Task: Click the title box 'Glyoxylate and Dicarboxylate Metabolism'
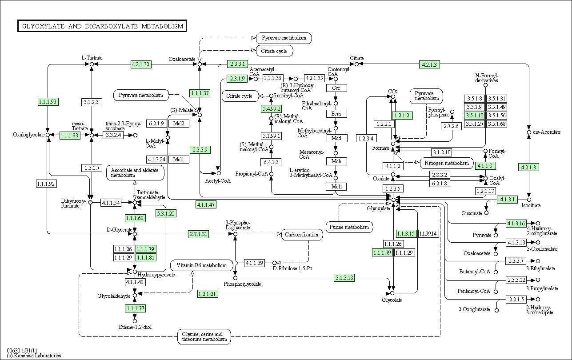point(101,26)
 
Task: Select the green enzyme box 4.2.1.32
point(141,64)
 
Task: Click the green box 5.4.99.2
point(271,109)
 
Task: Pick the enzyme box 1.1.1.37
point(200,93)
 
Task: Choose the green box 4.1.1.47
point(206,204)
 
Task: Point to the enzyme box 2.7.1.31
point(198,234)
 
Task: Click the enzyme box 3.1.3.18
point(344,278)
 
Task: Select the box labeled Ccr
point(336,88)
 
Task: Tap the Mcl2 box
point(179,124)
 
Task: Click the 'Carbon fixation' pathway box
point(302,234)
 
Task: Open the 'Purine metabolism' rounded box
point(349,227)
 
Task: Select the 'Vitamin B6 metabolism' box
point(201,265)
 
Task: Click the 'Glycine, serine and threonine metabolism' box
point(204,336)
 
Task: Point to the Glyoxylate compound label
point(378,208)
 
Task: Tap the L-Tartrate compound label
point(92,58)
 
